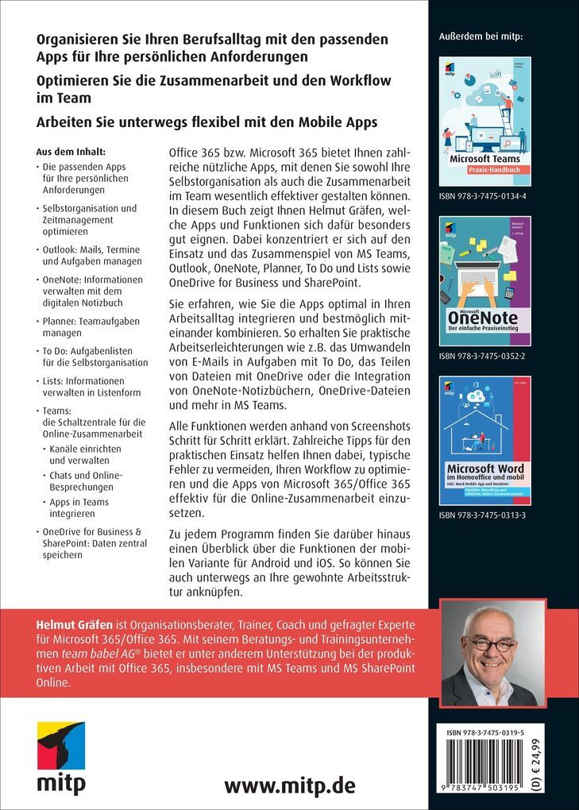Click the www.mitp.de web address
(289, 785)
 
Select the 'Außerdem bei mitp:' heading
(485, 37)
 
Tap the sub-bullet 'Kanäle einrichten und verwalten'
(82, 453)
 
